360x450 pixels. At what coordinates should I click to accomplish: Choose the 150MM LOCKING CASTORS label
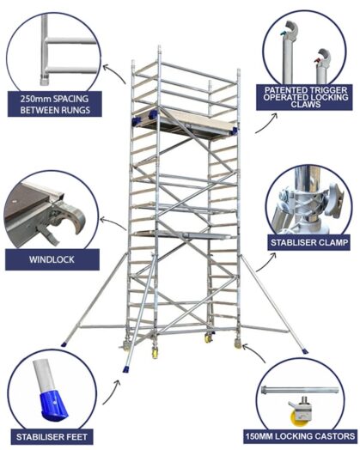click(x=307, y=435)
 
